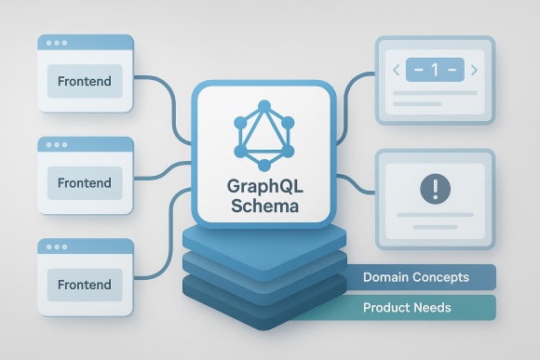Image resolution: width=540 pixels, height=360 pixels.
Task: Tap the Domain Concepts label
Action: (x=415, y=277)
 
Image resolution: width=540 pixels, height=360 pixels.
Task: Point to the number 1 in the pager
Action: (x=433, y=69)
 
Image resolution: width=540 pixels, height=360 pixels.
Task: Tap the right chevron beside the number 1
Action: (x=473, y=69)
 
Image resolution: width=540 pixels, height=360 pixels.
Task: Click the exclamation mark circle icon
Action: (x=434, y=189)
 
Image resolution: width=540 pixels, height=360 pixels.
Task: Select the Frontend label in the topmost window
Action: (x=84, y=81)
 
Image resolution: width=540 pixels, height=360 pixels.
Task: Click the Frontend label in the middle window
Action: (x=84, y=182)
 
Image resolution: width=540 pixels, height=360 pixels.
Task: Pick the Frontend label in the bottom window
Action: (x=84, y=284)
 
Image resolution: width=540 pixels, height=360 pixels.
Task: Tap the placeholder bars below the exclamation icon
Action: (x=433, y=220)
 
